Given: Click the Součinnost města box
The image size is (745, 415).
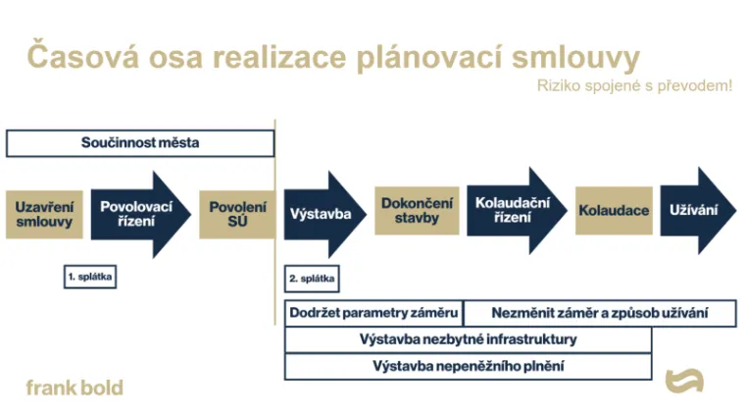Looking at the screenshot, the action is tap(140, 143).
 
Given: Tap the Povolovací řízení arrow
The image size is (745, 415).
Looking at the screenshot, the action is tap(137, 214).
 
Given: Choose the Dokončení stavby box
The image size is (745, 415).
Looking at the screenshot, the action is tap(417, 211).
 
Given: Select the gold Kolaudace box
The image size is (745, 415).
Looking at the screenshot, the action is tap(614, 211).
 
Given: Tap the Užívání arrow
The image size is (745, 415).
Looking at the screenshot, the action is tap(693, 210).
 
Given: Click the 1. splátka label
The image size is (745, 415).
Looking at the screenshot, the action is tap(90, 278).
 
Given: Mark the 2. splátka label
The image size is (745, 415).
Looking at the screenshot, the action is tap(312, 279).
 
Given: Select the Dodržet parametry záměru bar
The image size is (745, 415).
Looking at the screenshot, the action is tap(373, 313).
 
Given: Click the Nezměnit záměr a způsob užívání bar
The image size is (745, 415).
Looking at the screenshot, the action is tap(600, 313).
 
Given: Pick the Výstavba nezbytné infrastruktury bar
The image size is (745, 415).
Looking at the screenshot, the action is tap(468, 339).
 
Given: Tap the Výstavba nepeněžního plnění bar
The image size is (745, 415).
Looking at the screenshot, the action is tap(468, 366).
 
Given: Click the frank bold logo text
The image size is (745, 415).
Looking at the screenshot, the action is tap(74, 388).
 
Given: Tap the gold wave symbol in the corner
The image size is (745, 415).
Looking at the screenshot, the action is tap(684, 381).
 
